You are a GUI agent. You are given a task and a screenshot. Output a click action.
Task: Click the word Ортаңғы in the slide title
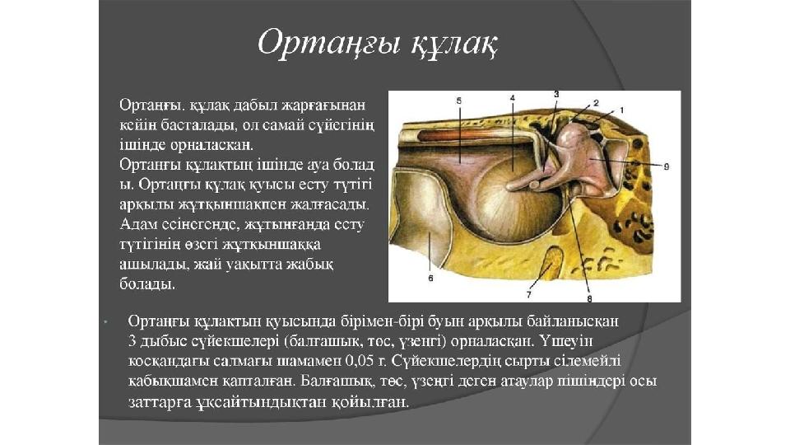329,42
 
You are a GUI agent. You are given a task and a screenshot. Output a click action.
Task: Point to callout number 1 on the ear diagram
622,110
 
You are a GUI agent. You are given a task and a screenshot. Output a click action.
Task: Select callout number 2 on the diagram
596,103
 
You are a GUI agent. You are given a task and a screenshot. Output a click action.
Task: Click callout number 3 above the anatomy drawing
556,94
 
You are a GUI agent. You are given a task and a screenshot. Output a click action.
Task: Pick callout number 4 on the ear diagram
513,98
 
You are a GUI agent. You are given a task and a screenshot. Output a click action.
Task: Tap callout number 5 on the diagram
458,101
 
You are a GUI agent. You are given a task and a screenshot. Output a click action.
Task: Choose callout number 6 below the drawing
430,278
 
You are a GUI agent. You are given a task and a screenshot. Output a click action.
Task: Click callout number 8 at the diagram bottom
589,298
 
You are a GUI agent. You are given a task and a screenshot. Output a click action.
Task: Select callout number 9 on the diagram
667,166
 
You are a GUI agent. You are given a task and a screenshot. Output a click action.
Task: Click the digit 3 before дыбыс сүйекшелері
132,341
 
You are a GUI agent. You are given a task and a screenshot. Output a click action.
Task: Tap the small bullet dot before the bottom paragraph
106,321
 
